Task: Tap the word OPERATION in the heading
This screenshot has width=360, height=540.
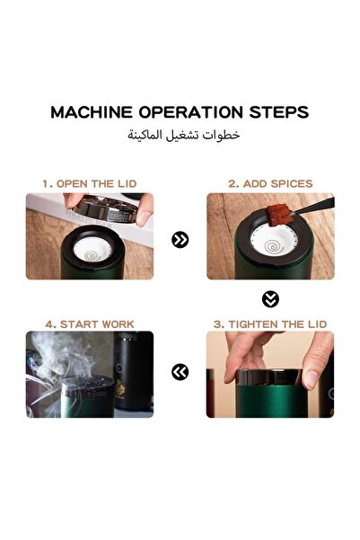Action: (190, 112)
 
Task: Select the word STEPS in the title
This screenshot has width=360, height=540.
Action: (279, 112)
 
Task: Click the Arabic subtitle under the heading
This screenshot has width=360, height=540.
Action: (184, 135)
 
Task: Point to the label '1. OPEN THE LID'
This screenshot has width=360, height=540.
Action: (90, 183)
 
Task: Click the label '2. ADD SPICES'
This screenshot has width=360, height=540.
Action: (270, 183)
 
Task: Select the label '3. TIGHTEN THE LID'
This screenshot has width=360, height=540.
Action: (270, 324)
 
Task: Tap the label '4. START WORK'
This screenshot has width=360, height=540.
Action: (90, 324)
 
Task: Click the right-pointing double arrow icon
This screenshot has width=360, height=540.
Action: (180, 240)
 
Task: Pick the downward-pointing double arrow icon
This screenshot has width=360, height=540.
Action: (270, 299)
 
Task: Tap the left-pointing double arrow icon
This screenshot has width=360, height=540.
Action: (180, 372)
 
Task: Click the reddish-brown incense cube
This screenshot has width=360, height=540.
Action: (278, 214)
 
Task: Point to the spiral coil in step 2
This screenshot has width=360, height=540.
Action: (274, 246)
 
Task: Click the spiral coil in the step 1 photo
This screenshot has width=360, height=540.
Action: (92, 255)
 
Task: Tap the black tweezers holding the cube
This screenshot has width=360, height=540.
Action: (314, 207)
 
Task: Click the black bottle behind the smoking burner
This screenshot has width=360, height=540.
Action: (133, 371)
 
